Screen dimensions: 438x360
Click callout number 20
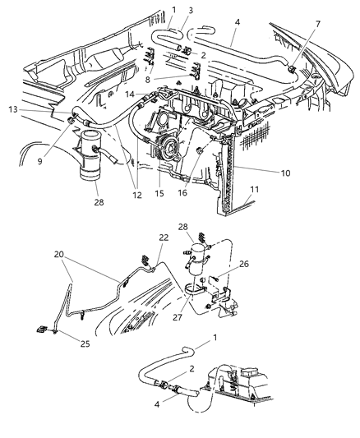click(x=58, y=254)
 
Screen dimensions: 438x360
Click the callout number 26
click(x=242, y=264)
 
